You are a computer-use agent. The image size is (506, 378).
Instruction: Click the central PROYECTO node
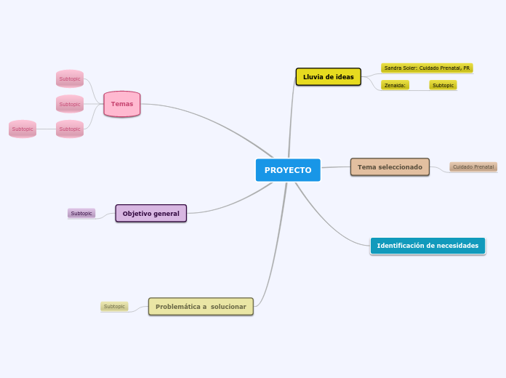tap(288, 170)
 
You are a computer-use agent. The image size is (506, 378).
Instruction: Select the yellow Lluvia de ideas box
tap(328, 77)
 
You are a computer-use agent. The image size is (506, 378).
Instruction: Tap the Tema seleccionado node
tap(390, 167)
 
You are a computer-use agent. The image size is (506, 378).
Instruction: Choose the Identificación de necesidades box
tap(427, 246)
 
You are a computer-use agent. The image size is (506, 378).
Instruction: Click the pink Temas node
tap(122, 104)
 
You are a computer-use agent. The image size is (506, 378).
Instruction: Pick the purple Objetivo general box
tap(151, 213)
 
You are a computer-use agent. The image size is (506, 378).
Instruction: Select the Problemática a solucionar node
tap(201, 307)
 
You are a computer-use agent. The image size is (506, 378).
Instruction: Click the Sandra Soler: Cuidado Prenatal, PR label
tap(427, 68)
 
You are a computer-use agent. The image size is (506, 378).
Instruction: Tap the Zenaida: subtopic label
tap(395, 85)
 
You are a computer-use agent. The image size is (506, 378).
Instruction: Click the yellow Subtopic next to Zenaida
tap(443, 85)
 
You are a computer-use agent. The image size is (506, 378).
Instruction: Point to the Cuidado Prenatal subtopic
tap(473, 167)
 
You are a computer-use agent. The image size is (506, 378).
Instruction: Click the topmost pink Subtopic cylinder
tap(70, 79)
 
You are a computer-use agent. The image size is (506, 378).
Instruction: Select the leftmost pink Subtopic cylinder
tap(23, 129)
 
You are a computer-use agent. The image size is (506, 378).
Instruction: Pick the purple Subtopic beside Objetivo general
tap(81, 213)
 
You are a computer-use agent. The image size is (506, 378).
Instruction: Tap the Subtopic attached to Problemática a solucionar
tap(114, 307)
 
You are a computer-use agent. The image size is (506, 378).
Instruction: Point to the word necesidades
tap(453, 246)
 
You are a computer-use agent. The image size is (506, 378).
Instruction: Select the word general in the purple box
tap(166, 213)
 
